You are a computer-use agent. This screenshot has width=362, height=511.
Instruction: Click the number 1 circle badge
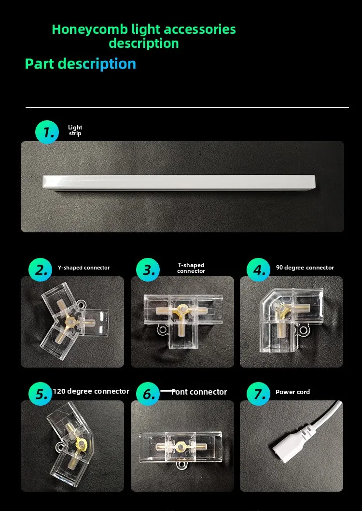pyautogui.click(x=47, y=132)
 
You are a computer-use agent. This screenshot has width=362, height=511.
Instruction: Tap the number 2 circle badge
pyautogui.click(x=41, y=270)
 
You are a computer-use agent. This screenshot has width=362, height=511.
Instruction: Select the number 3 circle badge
pyautogui.click(x=148, y=270)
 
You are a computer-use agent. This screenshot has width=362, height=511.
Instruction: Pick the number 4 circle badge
pyautogui.click(x=259, y=270)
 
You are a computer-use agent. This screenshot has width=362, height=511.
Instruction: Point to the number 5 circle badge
pyautogui.click(x=41, y=394)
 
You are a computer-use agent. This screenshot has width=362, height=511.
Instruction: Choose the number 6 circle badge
pyautogui.click(x=148, y=394)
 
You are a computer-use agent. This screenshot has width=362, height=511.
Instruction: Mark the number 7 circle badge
pyautogui.click(x=259, y=394)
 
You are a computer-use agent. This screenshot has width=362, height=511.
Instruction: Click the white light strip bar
pyautogui.click(x=179, y=182)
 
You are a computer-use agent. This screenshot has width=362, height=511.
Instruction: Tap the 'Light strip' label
pyautogui.click(x=75, y=130)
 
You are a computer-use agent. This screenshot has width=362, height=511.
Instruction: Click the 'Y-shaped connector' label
pyautogui.click(x=84, y=268)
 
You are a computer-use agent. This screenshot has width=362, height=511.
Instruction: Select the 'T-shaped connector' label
pyautogui.click(x=191, y=268)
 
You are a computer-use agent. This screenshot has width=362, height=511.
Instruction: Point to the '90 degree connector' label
pyautogui.click(x=305, y=268)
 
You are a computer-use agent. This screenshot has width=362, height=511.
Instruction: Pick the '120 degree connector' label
pyautogui.click(x=91, y=391)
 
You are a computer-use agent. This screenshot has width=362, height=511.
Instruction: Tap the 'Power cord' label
pyautogui.click(x=292, y=392)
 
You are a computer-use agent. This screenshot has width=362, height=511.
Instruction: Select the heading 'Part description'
pyautogui.click(x=81, y=64)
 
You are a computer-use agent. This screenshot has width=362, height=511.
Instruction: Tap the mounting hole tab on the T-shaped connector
pyautogui.click(x=162, y=330)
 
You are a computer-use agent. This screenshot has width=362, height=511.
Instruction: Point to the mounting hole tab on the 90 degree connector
pyautogui.click(x=304, y=331)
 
